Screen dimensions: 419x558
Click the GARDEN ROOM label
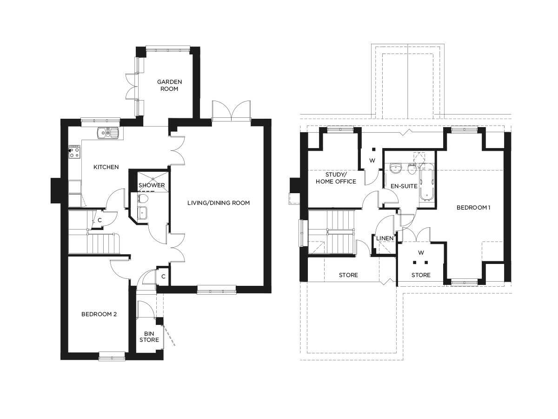[x=169, y=85]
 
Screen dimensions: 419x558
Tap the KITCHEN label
[x=106, y=167]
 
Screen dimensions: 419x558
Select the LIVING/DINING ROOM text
[x=219, y=203]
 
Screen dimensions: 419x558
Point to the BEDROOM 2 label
[x=99, y=314]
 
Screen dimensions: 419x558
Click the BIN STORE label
[x=150, y=336]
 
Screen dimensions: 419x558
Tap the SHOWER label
[x=152, y=185]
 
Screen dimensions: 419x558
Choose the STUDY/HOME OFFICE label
[x=336, y=178]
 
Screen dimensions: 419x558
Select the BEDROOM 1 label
[x=473, y=208]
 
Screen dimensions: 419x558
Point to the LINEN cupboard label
[x=385, y=238]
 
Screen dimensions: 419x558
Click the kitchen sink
[x=108, y=134]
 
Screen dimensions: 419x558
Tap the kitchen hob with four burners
[x=74, y=152]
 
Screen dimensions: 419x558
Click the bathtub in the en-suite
[x=426, y=184]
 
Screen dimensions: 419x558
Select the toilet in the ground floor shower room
[x=143, y=199]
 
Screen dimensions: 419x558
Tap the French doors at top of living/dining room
[x=231, y=111]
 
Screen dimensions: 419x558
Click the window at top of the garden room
[x=168, y=47]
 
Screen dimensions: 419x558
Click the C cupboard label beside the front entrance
[x=163, y=277]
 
